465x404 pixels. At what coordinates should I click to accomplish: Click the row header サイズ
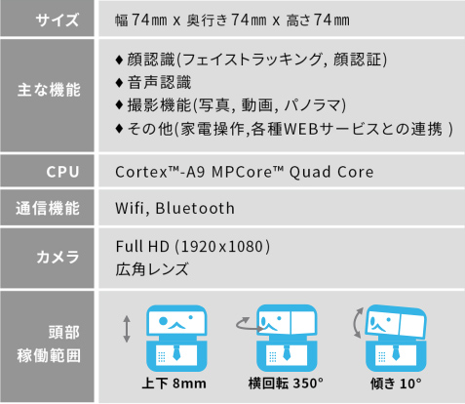(x=58, y=20)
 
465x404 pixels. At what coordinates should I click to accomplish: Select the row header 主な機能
(x=49, y=90)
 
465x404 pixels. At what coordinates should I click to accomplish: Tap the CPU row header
(x=62, y=172)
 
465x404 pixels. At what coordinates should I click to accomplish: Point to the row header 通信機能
(x=48, y=208)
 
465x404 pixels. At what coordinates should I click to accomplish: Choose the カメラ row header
(x=58, y=257)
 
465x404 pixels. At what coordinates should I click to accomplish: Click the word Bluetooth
(x=195, y=208)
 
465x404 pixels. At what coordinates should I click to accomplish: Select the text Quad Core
(x=331, y=172)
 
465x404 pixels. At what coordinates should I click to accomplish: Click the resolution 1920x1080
(x=221, y=247)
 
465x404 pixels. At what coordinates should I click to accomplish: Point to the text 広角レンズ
(x=152, y=269)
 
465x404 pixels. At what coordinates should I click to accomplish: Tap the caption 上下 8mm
(x=174, y=384)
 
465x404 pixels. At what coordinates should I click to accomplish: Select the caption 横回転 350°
(x=286, y=384)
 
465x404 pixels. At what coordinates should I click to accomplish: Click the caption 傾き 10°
(x=396, y=384)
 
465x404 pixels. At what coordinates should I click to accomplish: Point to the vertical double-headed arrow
(x=127, y=329)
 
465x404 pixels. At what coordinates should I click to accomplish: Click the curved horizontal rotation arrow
(x=249, y=325)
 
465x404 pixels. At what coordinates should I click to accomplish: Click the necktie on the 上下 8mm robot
(x=176, y=353)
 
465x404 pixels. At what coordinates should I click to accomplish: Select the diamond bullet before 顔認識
(x=119, y=60)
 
